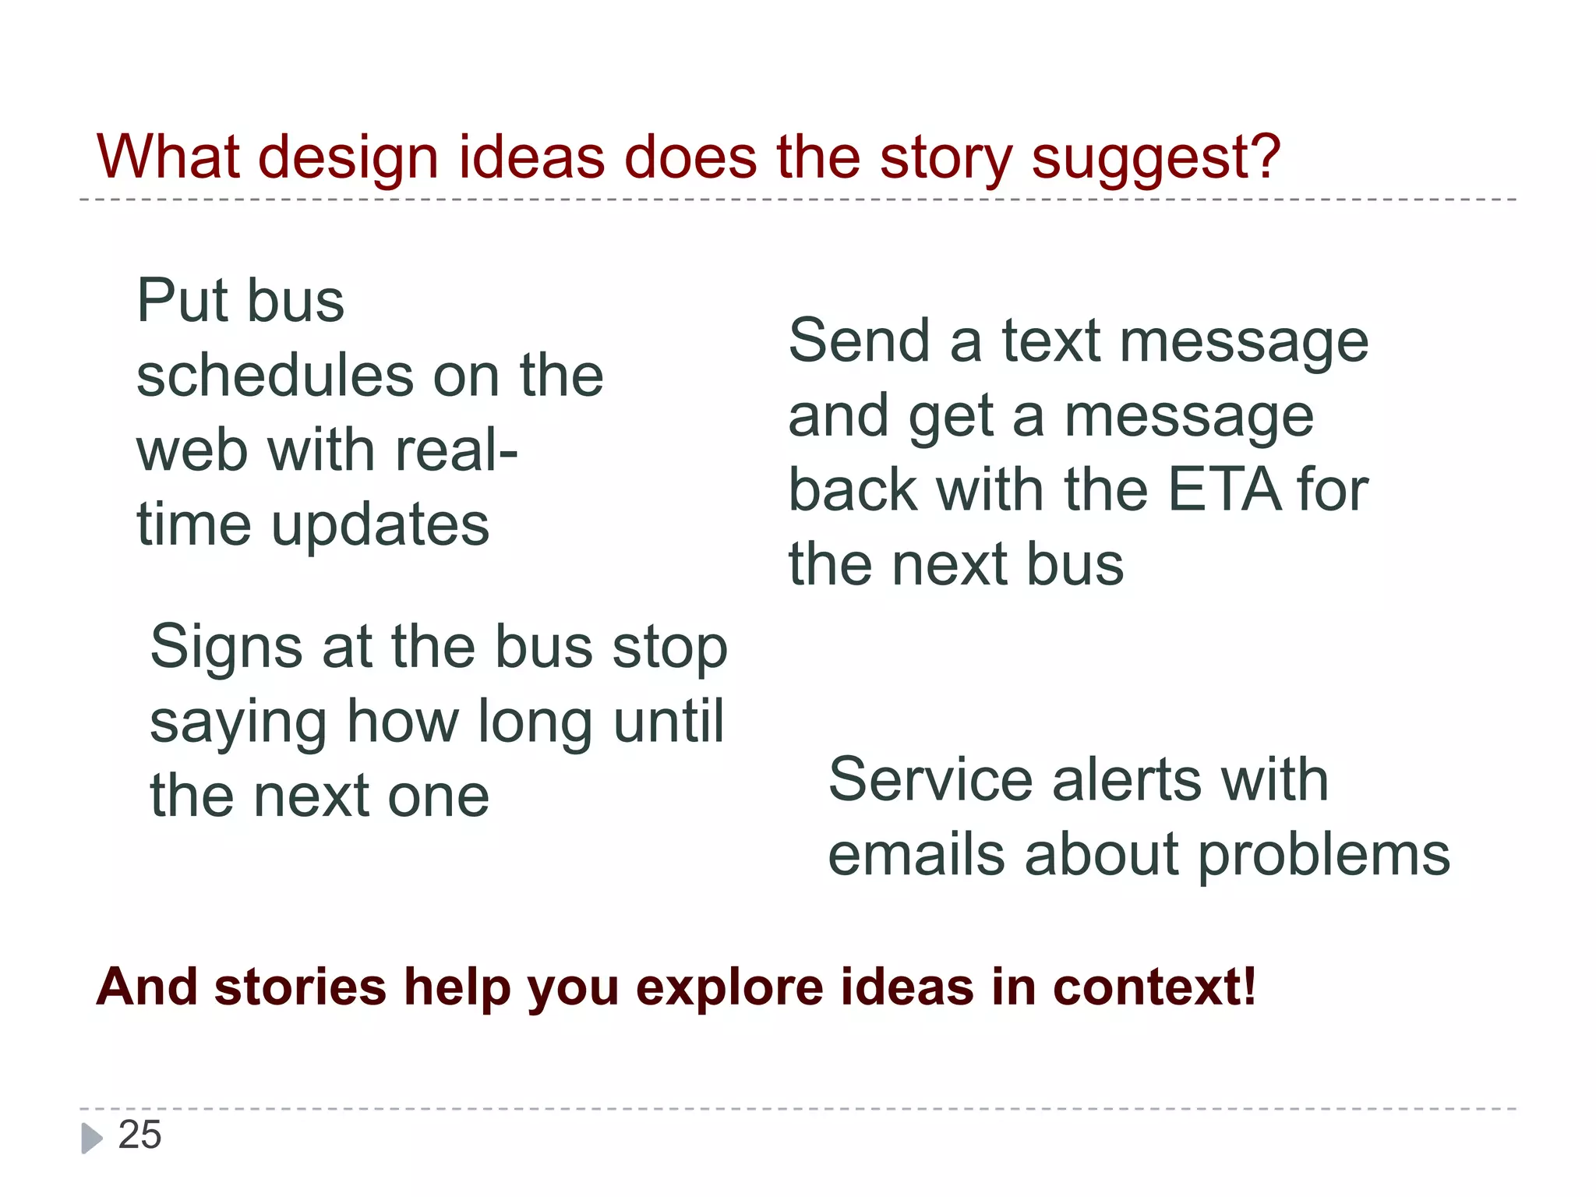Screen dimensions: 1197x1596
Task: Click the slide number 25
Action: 139,1135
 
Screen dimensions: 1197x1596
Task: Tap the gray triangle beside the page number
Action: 91,1138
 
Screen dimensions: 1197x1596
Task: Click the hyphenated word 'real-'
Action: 457,450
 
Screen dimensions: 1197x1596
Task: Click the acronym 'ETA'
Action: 1224,491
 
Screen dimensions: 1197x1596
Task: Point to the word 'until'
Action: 669,722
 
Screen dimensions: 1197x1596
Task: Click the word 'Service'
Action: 930,780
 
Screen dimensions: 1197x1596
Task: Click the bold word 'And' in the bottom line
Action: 147,987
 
